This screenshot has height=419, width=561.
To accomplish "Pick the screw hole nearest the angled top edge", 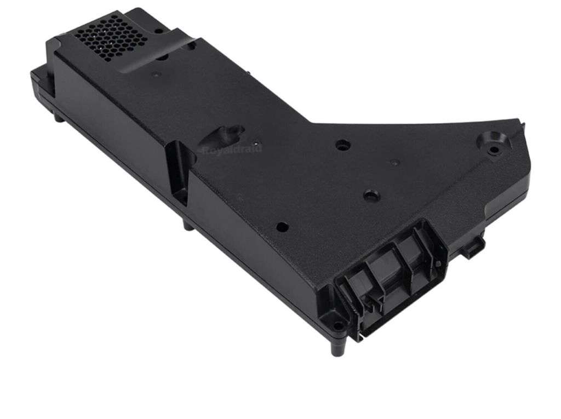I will tap(344, 145).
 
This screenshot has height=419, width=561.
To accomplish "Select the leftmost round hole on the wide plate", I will tap(282, 225).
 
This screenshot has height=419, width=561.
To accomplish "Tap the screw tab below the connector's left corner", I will tap(338, 326).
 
